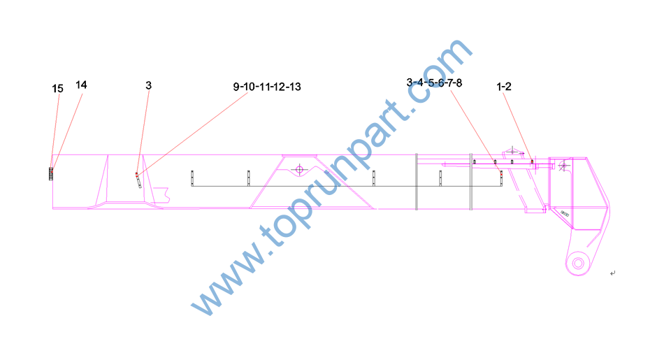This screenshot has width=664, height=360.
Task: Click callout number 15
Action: pyautogui.click(x=57, y=89)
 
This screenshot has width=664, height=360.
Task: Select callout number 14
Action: pyautogui.click(x=81, y=85)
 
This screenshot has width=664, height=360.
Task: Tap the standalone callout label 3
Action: pyautogui.click(x=149, y=85)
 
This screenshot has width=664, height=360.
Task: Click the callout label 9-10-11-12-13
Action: pyautogui.click(x=267, y=87)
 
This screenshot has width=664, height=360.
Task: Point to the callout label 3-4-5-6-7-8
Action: pyautogui.click(x=434, y=82)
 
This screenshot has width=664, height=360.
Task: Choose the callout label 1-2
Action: pyautogui.click(x=504, y=87)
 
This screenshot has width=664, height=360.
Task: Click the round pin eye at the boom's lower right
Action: pyautogui.click(x=578, y=264)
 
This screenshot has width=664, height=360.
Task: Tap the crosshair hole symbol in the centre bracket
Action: pyautogui.click(x=299, y=170)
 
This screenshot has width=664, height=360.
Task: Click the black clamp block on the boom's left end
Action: pyautogui.click(x=51, y=173)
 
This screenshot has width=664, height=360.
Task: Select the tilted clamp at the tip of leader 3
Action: pyautogui.click(x=138, y=181)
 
